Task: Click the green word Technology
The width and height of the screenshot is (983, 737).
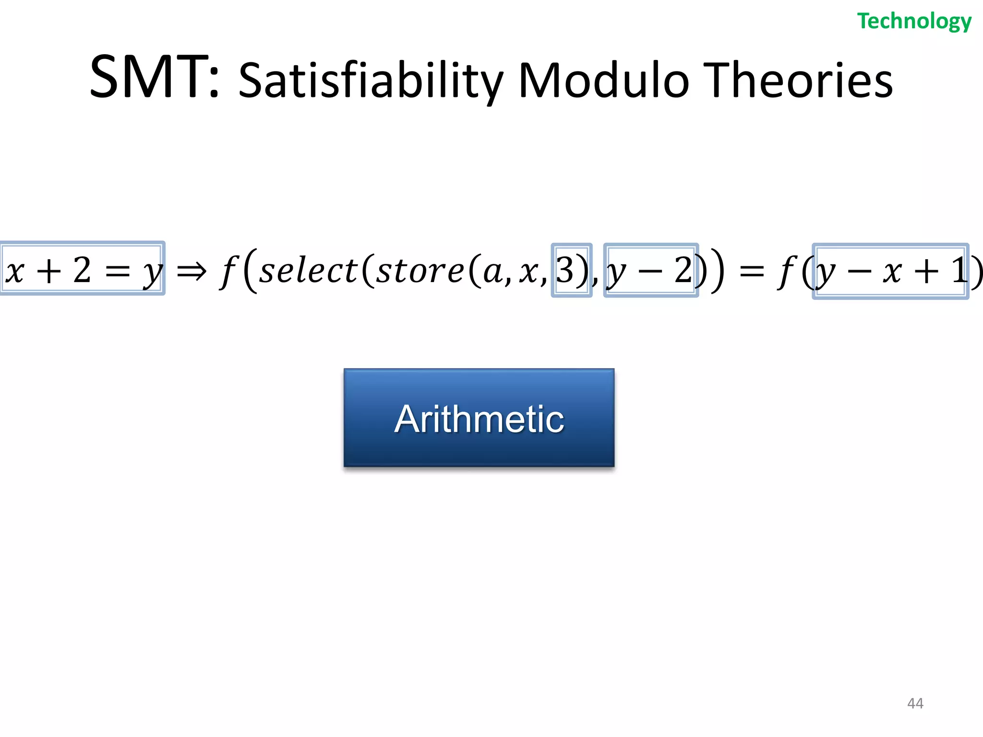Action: tap(914, 22)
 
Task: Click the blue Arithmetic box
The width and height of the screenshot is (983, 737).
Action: tap(479, 417)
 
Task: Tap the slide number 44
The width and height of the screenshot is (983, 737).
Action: tap(915, 703)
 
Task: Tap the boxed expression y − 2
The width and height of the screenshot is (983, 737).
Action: tap(650, 271)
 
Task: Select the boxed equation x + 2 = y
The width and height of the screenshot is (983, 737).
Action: tap(82, 269)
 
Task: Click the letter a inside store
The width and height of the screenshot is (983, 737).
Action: tap(491, 272)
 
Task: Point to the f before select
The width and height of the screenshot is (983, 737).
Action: tap(229, 271)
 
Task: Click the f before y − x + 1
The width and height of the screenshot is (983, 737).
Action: tap(787, 271)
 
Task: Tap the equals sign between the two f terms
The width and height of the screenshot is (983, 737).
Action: tap(752, 272)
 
